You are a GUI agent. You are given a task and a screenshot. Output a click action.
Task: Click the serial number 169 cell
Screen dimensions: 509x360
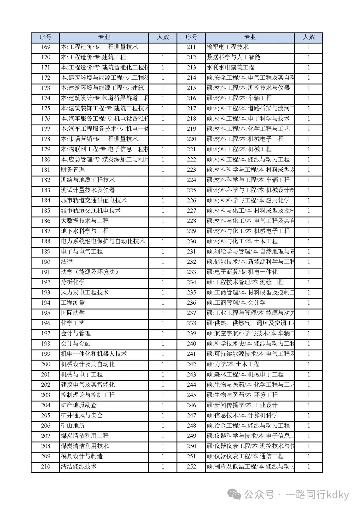45,47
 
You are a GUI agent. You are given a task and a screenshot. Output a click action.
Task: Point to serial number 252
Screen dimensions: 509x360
191,466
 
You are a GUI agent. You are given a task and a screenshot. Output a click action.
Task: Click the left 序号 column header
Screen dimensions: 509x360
45,37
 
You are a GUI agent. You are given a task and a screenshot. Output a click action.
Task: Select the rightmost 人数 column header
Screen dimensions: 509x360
309,37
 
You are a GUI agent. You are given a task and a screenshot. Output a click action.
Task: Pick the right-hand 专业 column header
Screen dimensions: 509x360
250,37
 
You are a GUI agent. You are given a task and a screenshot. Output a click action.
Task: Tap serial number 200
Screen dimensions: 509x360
45,364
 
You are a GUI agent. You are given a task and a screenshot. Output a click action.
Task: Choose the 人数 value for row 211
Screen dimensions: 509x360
309,47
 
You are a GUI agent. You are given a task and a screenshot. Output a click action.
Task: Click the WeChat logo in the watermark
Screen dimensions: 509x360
236,494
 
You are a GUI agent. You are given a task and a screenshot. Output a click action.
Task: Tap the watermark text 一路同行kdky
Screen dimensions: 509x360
317,494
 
